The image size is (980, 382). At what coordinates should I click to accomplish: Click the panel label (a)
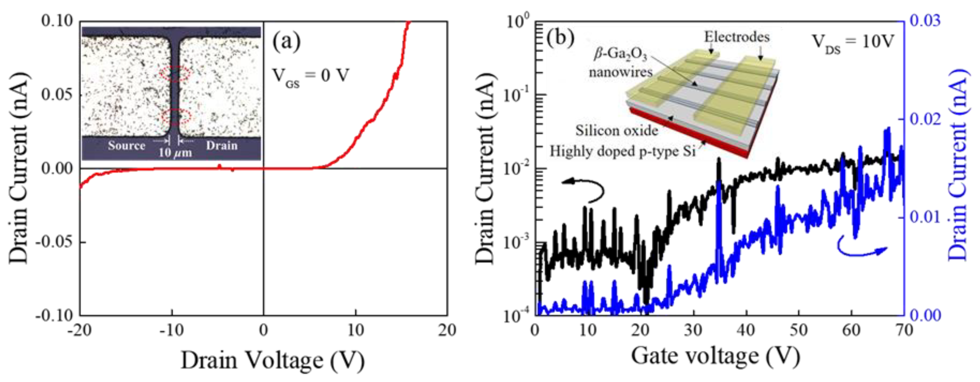pyautogui.click(x=286, y=42)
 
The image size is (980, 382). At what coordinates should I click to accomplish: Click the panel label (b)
pyautogui.click(x=560, y=38)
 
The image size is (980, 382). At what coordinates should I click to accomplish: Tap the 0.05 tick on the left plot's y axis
pyautogui.click(x=57, y=94)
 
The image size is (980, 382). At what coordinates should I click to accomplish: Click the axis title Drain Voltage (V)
pyautogui.click(x=272, y=360)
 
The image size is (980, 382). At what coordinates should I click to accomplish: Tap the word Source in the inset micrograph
pyautogui.click(x=126, y=146)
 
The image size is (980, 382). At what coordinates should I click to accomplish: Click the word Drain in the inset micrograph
pyautogui.click(x=222, y=146)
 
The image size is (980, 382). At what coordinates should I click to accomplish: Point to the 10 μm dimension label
pyautogui.click(x=175, y=153)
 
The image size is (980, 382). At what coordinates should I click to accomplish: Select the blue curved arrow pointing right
pyautogui.click(x=861, y=248)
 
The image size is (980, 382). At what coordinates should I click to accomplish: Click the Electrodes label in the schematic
pyautogui.click(x=737, y=37)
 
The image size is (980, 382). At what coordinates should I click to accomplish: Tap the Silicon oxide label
pyautogui.click(x=616, y=130)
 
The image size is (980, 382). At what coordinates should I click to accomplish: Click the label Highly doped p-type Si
pyautogui.click(x=622, y=151)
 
